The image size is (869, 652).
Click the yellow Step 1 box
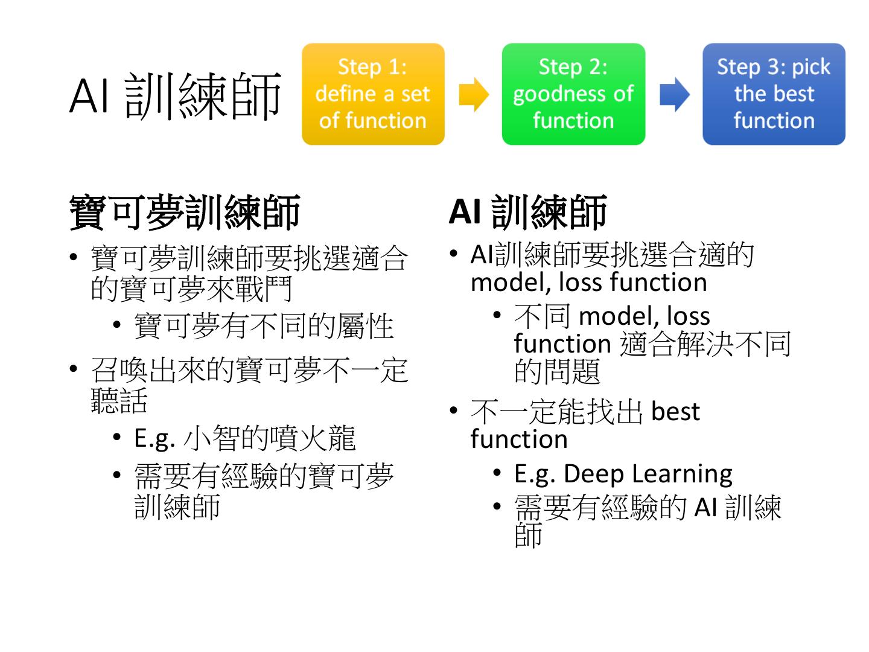pyautogui.click(x=373, y=94)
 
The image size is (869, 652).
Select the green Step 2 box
pyautogui.click(x=573, y=94)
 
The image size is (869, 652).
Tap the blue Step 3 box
pyautogui.click(x=774, y=94)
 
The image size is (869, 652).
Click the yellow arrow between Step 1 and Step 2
pyautogui.click(x=474, y=94)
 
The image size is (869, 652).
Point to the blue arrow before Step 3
pyautogui.click(x=674, y=94)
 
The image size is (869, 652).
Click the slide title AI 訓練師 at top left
pyautogui.click(x=175, y=95)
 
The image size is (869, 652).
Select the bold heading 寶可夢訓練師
pyautogui.click(x=185, y=213)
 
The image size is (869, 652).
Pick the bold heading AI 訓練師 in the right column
pyautogui.click(x=527, y=213)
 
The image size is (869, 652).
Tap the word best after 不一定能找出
pyautogui.click(x=675, y=412)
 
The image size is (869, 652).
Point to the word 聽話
pyautogui.click(x=119, y=399)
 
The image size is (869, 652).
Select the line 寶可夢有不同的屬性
pyautogui.click(x=264, y=326)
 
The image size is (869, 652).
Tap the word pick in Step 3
pyautogui.click(x=811, y=67)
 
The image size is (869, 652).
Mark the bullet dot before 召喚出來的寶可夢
pyautogui.click(x=74, y=369)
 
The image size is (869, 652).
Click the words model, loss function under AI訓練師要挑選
pyautogui.click(x=588, y=283)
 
